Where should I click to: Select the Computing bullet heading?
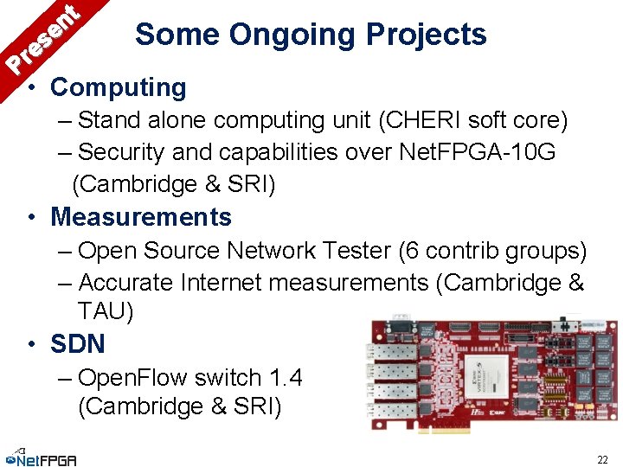coord(118,87)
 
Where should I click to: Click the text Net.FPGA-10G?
coord(478,152)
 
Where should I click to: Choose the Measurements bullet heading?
coord(141,217)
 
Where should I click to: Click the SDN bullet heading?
coord(77,344)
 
